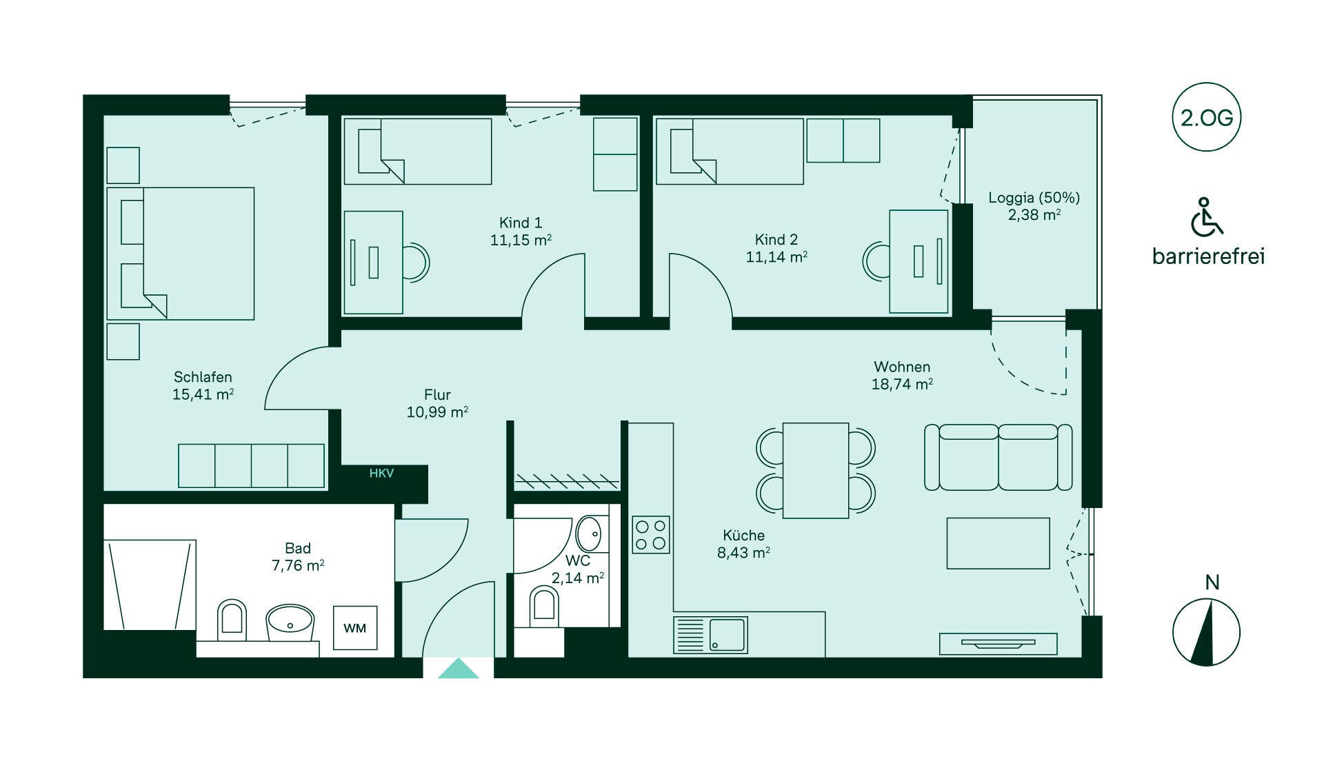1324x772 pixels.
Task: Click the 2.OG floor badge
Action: tap(1206, 117)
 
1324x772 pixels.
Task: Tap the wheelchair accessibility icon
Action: tap(1206, 217)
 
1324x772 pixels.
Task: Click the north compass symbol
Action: tap(1206, 632)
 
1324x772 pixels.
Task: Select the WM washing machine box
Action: tap(355, 628)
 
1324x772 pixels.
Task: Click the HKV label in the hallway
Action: tap(381, 474)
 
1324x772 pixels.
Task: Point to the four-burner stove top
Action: tap(651, 535)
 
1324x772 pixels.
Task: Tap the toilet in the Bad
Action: tap(232, 619)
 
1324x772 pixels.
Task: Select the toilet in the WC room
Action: tap(544, 607)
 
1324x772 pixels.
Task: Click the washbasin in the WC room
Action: tap(589, 534)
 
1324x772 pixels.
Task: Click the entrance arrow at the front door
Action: tap(459, 668)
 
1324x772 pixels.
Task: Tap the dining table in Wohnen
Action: tap(816, 470)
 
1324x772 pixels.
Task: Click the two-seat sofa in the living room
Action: tap(998, 457)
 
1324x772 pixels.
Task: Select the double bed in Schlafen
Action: tap(181, 254)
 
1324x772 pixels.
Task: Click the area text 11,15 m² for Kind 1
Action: tap(521, 240)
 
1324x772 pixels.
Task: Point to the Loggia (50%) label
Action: tap(1034, 198)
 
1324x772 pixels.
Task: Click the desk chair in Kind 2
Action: tap(876, 261)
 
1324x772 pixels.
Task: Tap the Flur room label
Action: tap(437, 395)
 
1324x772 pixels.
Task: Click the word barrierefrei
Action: tap(1208, 256)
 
